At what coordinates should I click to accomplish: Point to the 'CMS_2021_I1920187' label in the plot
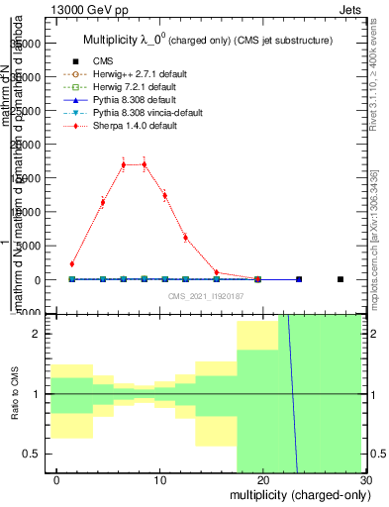pos(205,296)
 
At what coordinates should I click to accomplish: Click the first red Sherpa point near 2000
pos(72,264)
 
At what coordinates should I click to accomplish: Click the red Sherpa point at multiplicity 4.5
pos(102,202)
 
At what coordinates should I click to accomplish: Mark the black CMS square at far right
pos(340,279)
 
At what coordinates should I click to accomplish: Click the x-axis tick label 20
pos(262,479)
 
